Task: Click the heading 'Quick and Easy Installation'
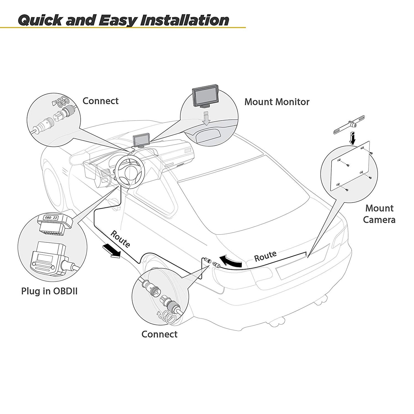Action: (123, 20)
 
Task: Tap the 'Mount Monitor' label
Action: (277, 102)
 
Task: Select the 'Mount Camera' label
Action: (379, 214)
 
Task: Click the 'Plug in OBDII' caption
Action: (49, 291)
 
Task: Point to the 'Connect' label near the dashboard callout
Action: (100, 101)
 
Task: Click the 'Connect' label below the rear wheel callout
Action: (159, 334)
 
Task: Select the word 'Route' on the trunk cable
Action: (265, 256)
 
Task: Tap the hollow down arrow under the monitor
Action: (205, 119)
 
